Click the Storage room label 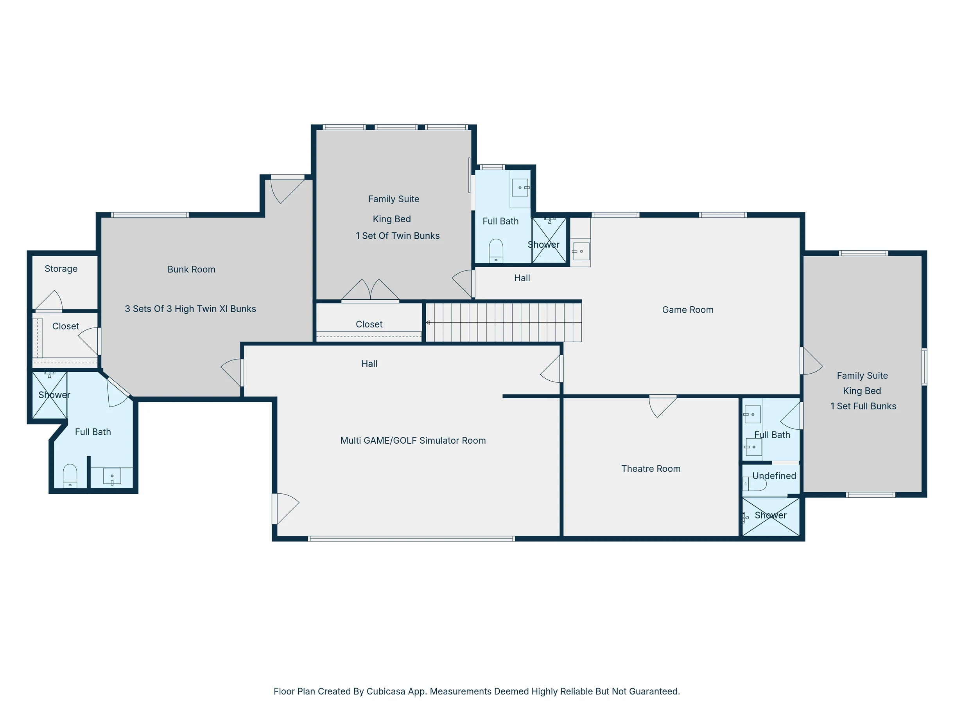(x=61, y=268)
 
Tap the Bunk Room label (x=192, y=269)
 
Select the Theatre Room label (x=651, y=469)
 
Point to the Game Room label (x=688, y=310)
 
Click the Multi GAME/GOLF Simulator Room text (x=413, y=441)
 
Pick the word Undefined (x=774, y=476)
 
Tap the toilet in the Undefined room (x=754, y=484)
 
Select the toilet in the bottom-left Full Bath (x=70, y=476)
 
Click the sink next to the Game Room (x=581, y=251)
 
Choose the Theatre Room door (x=662, y=406)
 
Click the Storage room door (x=48, y=301)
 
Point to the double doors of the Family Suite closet (x=370, y=290)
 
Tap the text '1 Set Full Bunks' (x=863, y=406)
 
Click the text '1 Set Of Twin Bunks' (x=398, y=236)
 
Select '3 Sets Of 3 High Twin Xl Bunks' (x=191, y=309)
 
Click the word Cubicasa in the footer (x=386, y=691)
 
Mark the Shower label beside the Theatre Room (x=771, y=515)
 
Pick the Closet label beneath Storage (x=66, y=326)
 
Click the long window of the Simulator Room (x=411, y=539)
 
